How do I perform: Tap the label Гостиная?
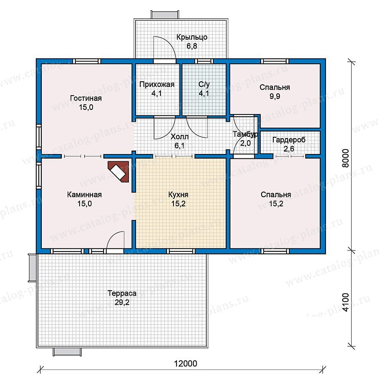[86, 98]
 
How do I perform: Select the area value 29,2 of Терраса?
[122, 302]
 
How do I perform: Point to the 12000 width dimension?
[185, 363]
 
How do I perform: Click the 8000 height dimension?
[346, 158]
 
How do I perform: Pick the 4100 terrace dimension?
[346, 302]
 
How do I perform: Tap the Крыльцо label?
[192, 37]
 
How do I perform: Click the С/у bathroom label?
[204, 84]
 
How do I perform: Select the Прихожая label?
[157, 84]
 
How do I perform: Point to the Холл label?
[179, 137]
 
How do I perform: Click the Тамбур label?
[245, 134]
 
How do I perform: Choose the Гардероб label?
[289, 140]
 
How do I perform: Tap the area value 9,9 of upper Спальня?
[275, 96]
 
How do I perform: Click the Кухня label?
[178, 195]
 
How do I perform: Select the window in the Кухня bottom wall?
[181, 251]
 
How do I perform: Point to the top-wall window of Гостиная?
[86, 61]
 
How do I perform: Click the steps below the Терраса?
[67, 352]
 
